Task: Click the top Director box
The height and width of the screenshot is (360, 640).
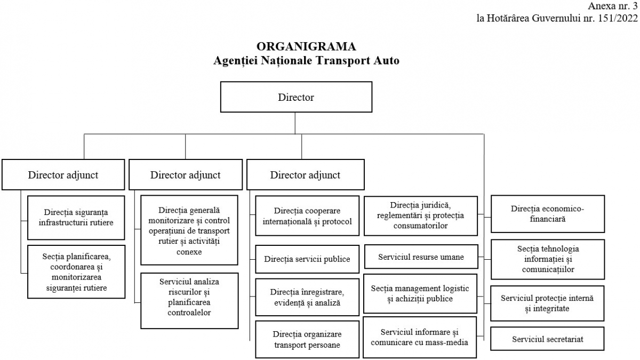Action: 296,97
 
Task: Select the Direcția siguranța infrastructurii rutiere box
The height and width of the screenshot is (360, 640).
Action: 76,218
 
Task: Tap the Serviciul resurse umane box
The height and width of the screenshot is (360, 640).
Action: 421,257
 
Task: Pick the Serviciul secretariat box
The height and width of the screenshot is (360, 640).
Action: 547,339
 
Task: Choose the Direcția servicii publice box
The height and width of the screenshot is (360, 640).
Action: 307,259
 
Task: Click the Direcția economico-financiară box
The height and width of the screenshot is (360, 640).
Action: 548,214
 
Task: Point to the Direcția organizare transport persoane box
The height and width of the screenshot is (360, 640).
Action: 307,339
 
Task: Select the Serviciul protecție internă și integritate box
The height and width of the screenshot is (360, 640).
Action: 547,303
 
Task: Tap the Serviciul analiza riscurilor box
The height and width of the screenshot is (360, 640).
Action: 189,301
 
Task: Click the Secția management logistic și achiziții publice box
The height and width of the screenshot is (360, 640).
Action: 420,293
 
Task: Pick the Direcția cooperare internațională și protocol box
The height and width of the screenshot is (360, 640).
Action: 307,215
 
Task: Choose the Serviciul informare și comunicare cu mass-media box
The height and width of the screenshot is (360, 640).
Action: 420,337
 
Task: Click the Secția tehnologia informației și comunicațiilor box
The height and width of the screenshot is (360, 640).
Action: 548,259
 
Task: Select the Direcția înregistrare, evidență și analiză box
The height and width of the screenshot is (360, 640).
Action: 307,297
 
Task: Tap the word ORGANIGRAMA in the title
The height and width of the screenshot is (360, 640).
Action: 306,46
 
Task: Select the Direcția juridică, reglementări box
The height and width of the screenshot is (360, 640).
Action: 421,215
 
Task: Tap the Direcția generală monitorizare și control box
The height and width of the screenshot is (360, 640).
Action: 189,230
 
